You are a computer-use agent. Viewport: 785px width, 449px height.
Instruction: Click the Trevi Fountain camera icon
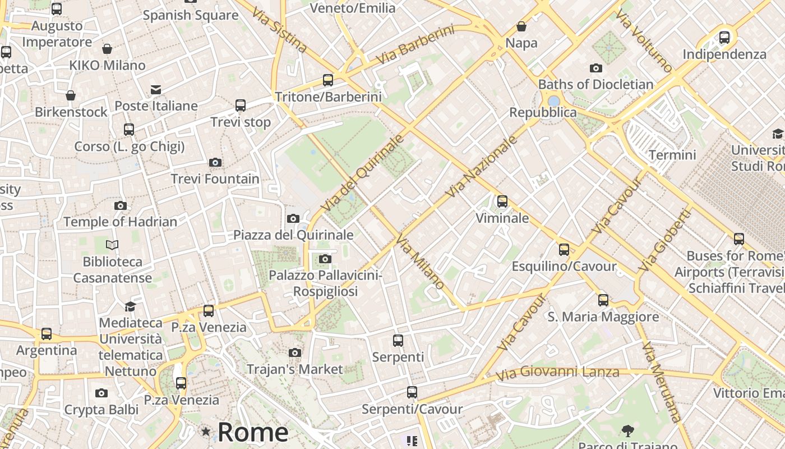[x=215, y=163]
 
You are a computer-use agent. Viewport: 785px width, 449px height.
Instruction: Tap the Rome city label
[x=253, y=432]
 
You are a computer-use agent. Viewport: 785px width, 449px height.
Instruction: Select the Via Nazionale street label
[x=482, y=167]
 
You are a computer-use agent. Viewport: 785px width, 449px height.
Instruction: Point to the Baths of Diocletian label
[x=595, y=84]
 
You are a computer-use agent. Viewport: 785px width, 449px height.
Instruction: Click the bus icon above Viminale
[x=502, y=201]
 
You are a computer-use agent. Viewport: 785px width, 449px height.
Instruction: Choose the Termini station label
[x=672, y=154]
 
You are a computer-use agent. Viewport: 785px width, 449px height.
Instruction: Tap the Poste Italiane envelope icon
[x=156, y=90]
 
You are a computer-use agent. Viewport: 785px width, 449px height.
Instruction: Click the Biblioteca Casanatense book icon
[x=112, y=245]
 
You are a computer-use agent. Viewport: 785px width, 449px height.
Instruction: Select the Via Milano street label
[x=421, y=262]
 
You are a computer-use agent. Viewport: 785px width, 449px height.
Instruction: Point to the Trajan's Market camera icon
[x=294, y=352]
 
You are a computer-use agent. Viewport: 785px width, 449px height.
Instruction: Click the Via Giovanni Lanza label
[x=557, y=372]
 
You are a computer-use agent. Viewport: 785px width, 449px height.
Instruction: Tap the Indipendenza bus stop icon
[x=724, y=38]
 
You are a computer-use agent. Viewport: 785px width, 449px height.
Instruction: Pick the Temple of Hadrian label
[x=120, y=222]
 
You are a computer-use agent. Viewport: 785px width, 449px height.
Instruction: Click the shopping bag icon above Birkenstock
[x=71, y=95]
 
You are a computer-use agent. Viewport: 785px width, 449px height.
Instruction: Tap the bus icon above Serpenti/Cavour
[x=412, y=392]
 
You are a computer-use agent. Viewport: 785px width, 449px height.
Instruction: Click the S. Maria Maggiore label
[x=603, y=317]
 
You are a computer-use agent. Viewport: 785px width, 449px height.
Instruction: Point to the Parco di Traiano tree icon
[x=627, y=431]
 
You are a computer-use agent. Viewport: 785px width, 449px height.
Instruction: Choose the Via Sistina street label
[x=279, y=29]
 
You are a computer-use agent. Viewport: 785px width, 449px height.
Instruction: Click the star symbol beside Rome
[x=206, y=432]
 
